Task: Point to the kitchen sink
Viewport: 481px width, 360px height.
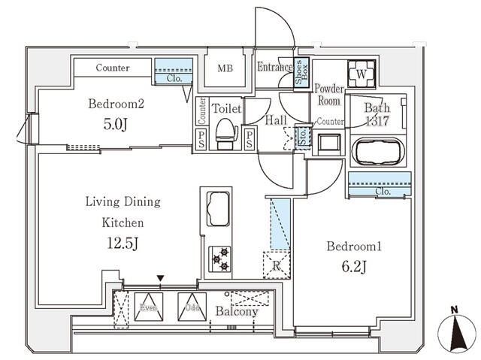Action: [x=216, y=207]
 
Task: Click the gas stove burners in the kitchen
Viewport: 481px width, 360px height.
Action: [x=220, y=259]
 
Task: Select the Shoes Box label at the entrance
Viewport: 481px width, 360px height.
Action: [x=299, y=74]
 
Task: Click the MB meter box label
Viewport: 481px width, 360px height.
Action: [x=225, y=68]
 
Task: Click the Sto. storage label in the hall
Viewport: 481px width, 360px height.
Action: [x=303, y=137]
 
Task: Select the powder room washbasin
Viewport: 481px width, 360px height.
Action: [x=328, y=142]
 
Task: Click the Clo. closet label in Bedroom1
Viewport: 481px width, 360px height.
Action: [x=382, y=192]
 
